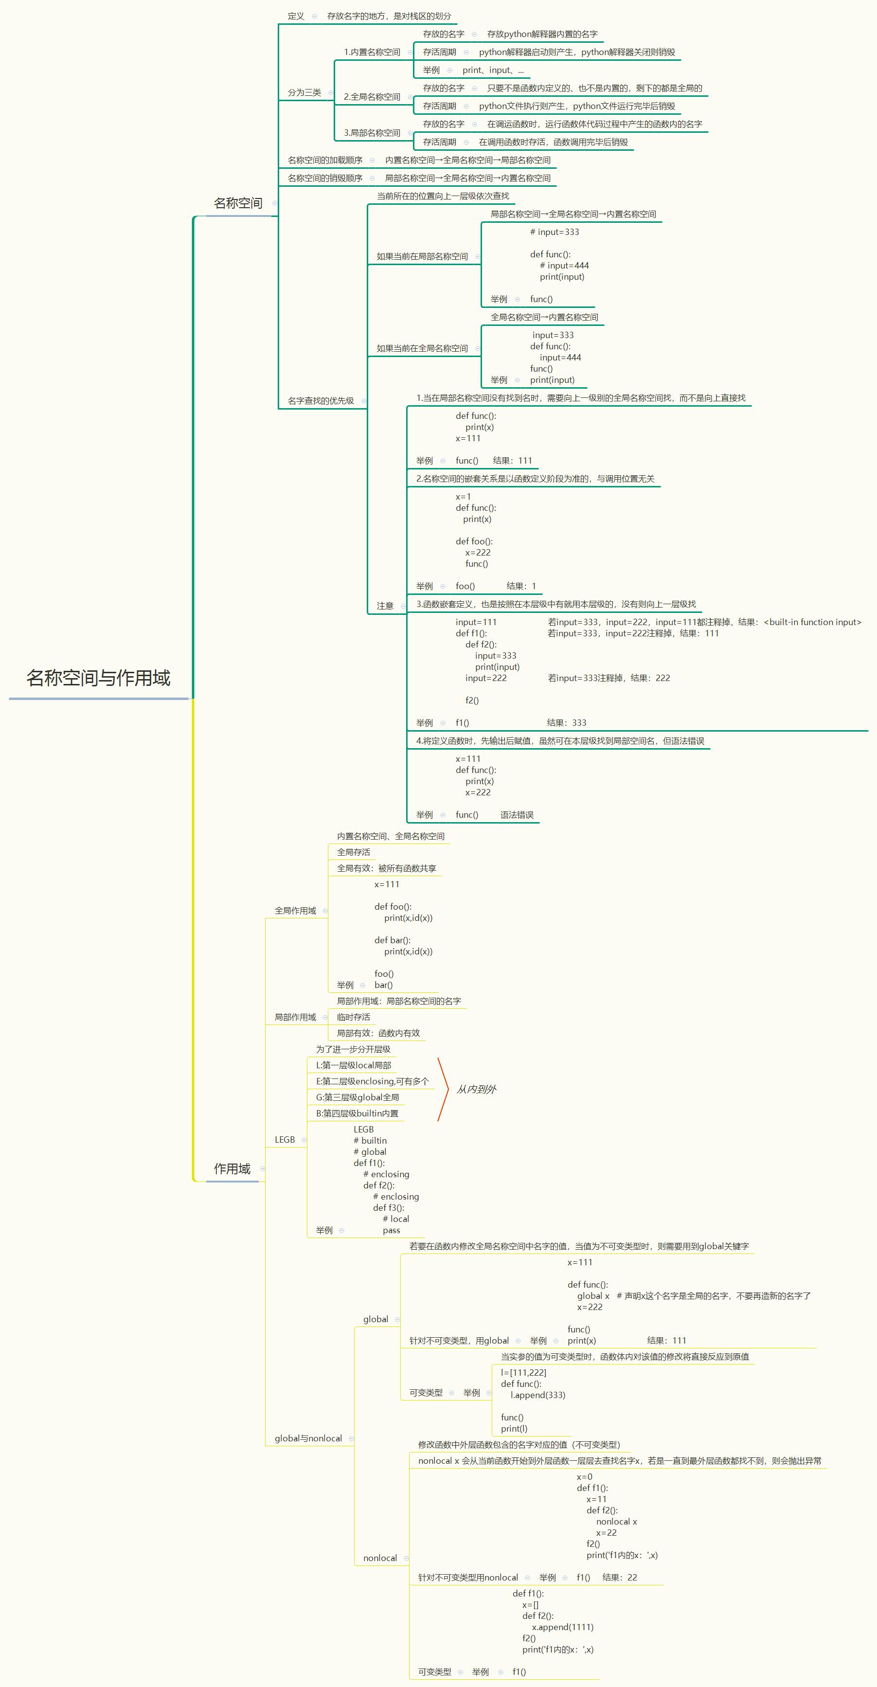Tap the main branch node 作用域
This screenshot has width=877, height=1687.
(232, 1169)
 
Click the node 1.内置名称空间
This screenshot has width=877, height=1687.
(372, 53)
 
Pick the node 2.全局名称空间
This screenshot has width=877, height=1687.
(372, 97)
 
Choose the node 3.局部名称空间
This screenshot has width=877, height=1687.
(372, 133)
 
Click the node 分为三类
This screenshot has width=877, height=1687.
(304, 93)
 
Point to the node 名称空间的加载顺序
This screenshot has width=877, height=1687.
(325, 161)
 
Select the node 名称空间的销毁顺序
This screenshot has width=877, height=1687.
(325, 178)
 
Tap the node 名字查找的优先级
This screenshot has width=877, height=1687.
(321, 401)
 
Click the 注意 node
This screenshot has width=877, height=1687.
(385, 607)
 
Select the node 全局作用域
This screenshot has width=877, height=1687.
(295, 911)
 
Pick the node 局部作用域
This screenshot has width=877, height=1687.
(295, 1017)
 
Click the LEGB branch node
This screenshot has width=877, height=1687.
(285, 1140)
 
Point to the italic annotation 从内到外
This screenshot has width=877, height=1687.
(476, 1089)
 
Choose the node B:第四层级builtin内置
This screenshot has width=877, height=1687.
(357, 1113)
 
